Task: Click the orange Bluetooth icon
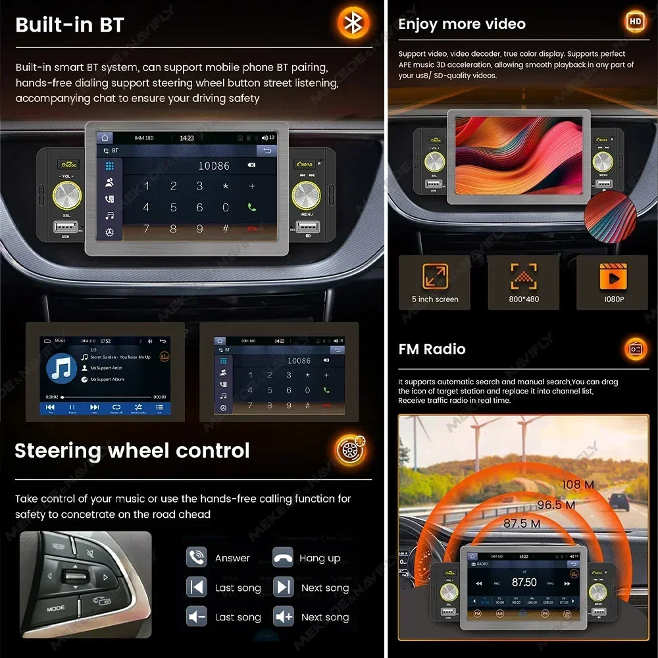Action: (354, 24)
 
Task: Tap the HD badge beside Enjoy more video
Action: (635, 22)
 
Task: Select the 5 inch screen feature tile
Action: (435, 282)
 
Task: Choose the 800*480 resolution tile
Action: (524, 282)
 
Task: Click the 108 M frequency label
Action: (578, 485)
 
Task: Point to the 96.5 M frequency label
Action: (556, 505)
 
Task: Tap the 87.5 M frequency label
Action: (522, 524)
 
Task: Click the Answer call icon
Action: (197, 558)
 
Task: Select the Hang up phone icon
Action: (283, 558)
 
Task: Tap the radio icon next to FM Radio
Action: (636, 349)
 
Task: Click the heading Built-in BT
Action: (69, 25)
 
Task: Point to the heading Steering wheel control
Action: (132, 451)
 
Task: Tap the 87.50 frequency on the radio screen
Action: (524, 583)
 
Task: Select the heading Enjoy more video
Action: (462, 24)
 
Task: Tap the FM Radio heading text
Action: (432, 349)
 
